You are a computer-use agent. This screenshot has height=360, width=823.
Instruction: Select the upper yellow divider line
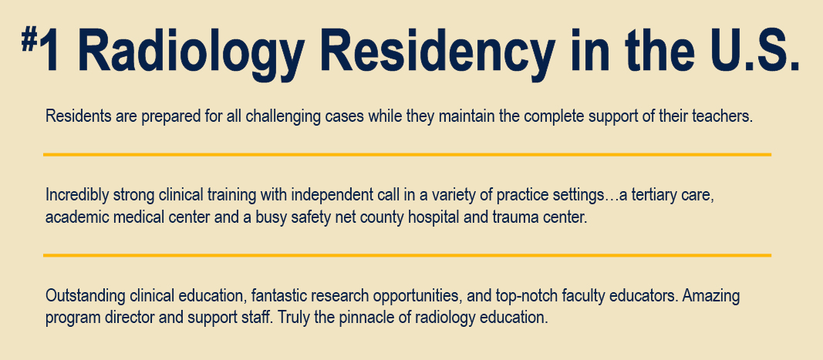[x=407, y=155]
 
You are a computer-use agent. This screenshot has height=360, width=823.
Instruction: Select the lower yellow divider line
[x=407, y=254]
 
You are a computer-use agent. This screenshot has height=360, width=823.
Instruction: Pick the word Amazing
[x=714, y=295]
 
